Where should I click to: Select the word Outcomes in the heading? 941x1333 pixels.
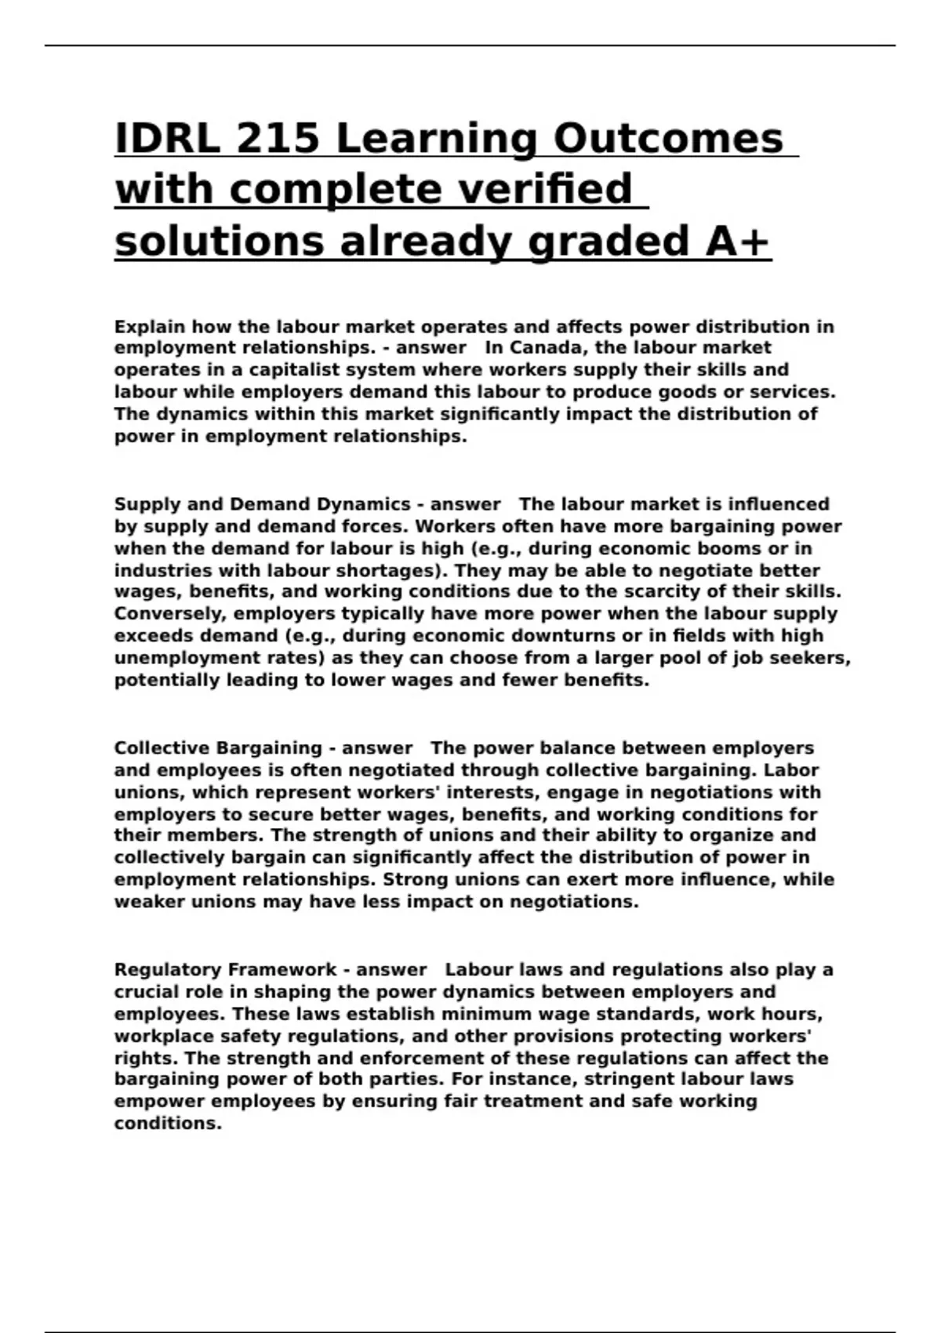668,139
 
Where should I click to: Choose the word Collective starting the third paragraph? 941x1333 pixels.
162,748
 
